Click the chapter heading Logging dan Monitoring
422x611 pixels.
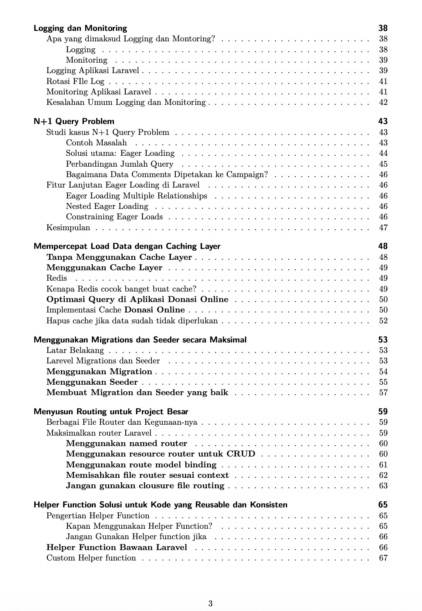coord(80,28)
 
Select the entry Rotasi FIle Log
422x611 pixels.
coord(75,81)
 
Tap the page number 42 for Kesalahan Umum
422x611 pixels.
coord(383,102)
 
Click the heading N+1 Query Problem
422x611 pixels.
coord(74,121)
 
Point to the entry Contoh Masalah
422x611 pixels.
coord(96,143)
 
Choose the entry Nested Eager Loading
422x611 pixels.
coord(107,206)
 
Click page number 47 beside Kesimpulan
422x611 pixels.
coord(383,228)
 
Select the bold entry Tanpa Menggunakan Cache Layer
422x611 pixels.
coord(119,257)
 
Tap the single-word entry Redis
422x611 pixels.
coord(57,278)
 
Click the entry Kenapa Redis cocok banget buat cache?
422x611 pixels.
coord(121,289)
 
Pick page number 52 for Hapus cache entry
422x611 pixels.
coord(383,321)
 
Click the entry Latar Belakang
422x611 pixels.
coord(75,350)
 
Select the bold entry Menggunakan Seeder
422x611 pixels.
coord(92,382)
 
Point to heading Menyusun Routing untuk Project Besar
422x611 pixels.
coord(111,412)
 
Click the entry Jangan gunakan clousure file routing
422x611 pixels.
coord(145,486)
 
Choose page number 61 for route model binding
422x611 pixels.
coord(383,465)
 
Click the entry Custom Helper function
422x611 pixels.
coord(91,558)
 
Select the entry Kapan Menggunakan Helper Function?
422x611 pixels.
coord(139,526)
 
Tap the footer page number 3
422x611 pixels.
coord(211,604)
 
